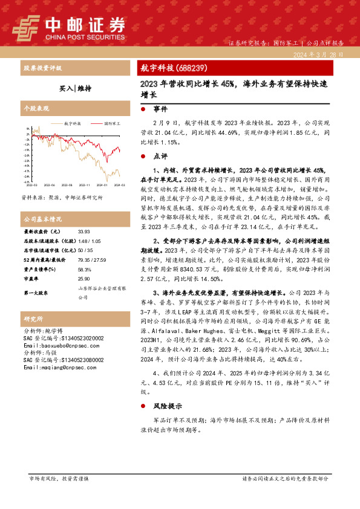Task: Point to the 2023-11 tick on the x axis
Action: (x=84, y=186)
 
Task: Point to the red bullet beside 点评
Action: (x=142, y=156)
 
